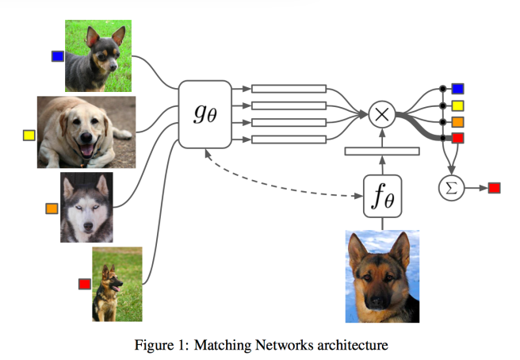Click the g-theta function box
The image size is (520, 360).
[205, 114]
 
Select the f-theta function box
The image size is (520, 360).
[382, 197]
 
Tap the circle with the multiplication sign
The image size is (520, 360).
[382, 114]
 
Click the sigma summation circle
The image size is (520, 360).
[451, 188]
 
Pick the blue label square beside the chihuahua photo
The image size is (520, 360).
[57, 56]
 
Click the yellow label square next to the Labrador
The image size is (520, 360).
[29, 136]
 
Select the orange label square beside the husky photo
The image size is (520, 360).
[52, 209]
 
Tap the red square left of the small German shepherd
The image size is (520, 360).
[85, 284]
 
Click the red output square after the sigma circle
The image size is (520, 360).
[494, 188]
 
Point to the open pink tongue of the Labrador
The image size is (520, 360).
[87, 150]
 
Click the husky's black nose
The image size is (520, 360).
[88, 226]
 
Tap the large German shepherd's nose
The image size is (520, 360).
[376, 301]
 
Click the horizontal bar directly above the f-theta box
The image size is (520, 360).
[382, 151]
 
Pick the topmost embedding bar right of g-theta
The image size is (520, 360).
[289, 89]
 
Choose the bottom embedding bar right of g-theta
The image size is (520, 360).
[289, 140]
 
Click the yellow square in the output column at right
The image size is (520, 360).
[457, 105]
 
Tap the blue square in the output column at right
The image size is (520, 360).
[457, 89]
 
